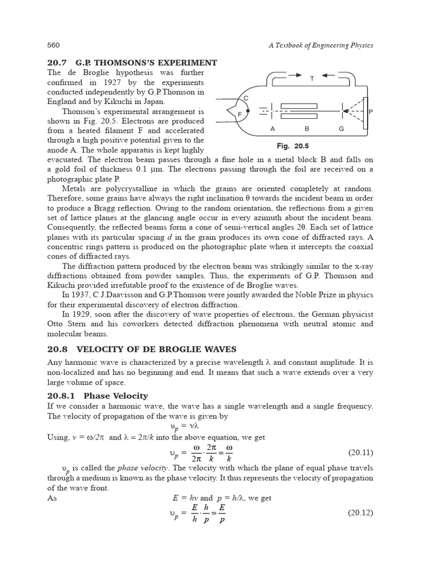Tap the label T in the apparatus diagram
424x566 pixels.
[x=312, y=78]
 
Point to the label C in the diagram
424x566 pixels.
[x=246, y=98]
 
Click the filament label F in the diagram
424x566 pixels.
[x=240, y=114]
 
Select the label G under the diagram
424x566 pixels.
[x=341, y=129]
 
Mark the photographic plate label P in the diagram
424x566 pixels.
[x=370, y=112]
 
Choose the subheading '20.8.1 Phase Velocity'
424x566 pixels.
[x=98, y=396]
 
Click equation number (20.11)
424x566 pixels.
[x=361, y=453]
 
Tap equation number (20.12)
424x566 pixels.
[x=361, y=513]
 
